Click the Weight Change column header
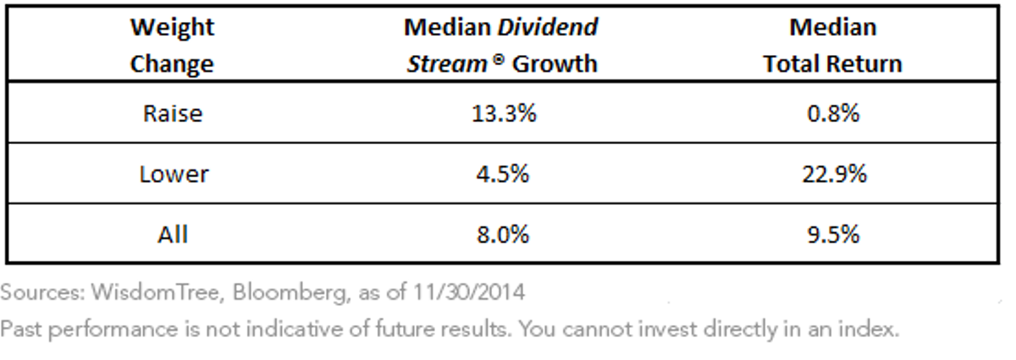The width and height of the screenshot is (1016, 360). tap(173, 46)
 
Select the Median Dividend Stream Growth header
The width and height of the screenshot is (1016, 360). tap(501, 46)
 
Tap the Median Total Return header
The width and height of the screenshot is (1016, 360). tap(833, 46)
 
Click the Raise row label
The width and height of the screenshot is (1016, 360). tap(173, 113)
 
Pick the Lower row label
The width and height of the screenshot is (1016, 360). tap(174, 174)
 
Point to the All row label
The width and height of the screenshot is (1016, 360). tap(173, 235)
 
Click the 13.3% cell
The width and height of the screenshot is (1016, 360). tap(504, 113)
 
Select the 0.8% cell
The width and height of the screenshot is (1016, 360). tap(833, 113)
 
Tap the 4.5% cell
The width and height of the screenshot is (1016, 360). tap(503, 174)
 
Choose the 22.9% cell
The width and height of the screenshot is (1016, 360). tap(834, 174)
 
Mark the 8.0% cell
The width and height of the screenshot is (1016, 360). tap(503, 235)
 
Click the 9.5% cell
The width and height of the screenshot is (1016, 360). tap(833, 235)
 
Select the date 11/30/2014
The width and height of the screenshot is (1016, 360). tap(468, 292)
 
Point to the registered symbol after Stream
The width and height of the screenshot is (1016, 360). tap(498, 59)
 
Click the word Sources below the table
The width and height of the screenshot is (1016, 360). tap(42, 292)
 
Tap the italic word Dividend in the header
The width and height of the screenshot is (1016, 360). tap(548, 27)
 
